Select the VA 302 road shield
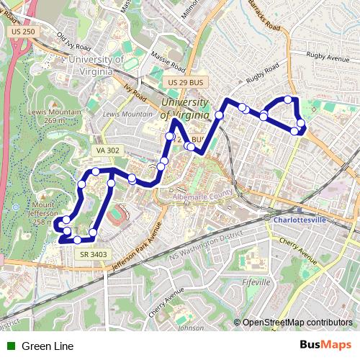click(107, 150)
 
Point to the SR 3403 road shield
click(94, 253)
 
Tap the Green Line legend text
click(48, 346)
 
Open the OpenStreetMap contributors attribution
click(297, 323)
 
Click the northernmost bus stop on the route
click(287, 99)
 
